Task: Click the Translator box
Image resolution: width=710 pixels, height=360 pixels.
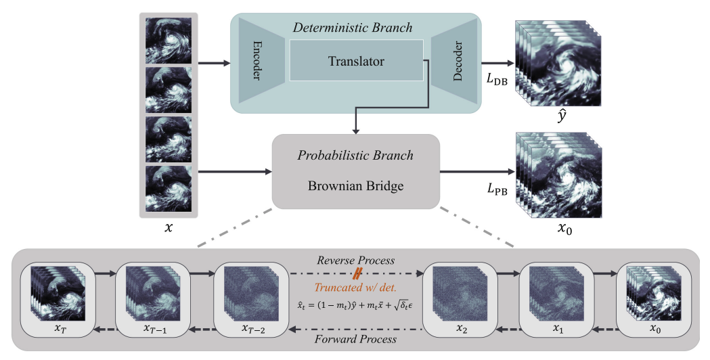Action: point(356,62)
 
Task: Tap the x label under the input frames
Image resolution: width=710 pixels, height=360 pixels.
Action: point(169,229)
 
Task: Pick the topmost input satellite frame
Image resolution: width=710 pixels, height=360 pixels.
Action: point(169,41)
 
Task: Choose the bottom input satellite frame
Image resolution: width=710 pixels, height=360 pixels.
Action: point(169,189)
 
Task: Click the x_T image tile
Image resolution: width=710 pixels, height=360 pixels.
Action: point(56,294)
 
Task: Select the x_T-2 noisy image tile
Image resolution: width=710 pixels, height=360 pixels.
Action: point(248,294)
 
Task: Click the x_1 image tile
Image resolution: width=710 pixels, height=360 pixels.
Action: point(556,294)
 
